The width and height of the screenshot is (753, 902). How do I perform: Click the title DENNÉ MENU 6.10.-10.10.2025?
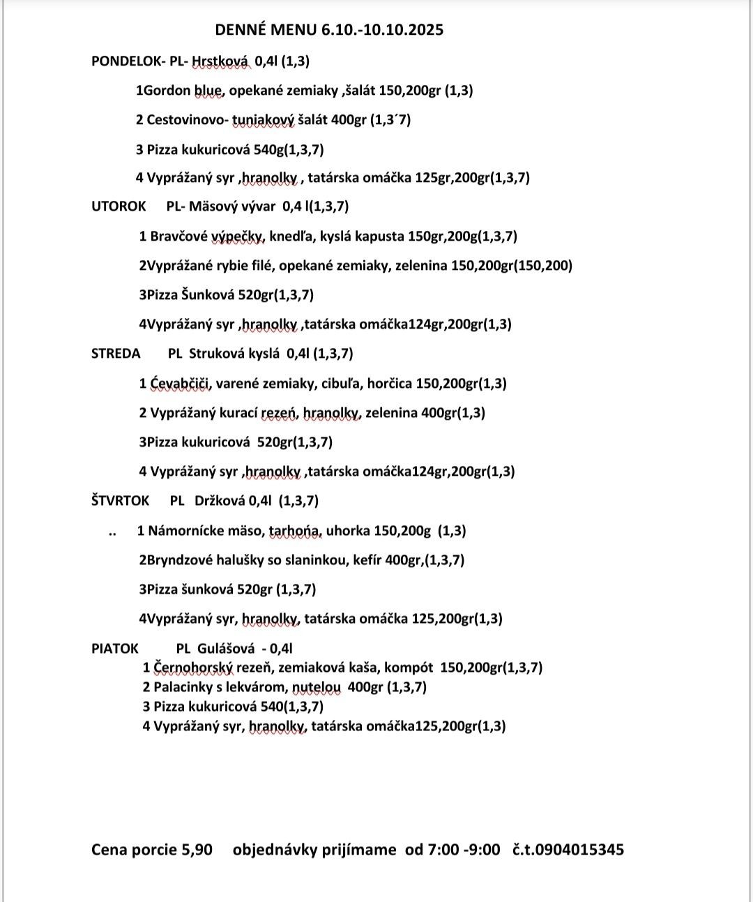329,29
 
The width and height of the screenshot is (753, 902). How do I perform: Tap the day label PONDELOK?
126,61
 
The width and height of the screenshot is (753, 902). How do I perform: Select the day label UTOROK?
119,206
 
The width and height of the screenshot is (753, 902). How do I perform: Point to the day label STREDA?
116,354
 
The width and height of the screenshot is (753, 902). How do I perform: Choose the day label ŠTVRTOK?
121,501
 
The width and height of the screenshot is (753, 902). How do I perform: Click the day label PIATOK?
115,648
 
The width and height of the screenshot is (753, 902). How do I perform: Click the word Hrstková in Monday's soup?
220,61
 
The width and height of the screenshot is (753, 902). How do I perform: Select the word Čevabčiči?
179,384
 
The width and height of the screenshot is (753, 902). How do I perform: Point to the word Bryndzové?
178,560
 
